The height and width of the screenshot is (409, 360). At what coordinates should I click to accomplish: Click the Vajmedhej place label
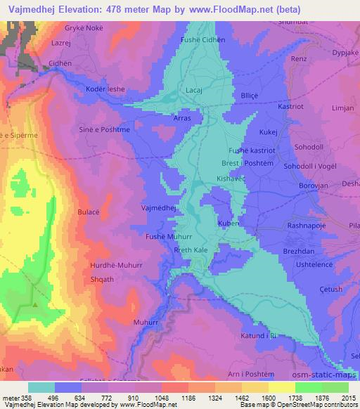click(x=157, y=209)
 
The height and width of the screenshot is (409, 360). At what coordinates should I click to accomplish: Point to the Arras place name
click(x=182, y=119)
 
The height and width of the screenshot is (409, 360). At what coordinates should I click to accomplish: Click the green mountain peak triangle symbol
click(x=34, y=306)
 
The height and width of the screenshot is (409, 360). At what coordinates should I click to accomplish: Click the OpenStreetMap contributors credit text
click(x=319, y=405)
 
